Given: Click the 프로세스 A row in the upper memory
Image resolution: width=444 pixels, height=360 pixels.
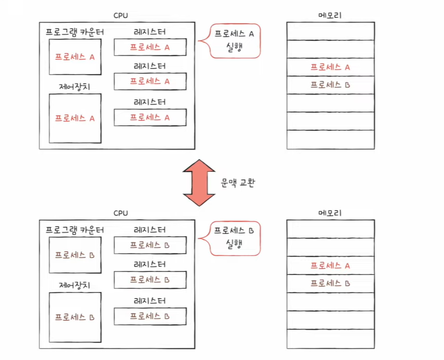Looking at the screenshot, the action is click(x=330, y=67).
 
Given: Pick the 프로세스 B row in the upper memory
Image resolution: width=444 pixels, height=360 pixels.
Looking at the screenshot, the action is click(x=330, y=85).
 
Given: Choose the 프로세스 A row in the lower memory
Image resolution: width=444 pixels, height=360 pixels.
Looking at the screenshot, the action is click(x=330, y=265).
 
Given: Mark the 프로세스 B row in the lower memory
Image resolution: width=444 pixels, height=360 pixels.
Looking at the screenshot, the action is click(x=330, y=283).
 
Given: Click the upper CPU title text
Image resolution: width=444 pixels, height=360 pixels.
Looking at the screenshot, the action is click(x=121, y=15).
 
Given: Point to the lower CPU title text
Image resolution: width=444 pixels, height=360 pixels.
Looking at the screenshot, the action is click(x=121, y=213).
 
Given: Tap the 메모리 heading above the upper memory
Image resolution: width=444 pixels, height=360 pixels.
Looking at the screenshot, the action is click(x=330, y=15).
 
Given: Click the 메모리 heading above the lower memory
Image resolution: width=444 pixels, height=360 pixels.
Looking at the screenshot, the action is click(x=330, y=213).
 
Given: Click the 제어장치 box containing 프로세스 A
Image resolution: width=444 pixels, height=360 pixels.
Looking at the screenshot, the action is click(x=75, y=118).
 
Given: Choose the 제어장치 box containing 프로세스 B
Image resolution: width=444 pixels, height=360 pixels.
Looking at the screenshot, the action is click(x=75, y=317).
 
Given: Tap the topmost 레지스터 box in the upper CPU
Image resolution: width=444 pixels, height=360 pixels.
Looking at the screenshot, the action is click(x=150, y=47).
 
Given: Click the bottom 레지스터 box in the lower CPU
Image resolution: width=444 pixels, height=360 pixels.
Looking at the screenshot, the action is click(x=150, y=317).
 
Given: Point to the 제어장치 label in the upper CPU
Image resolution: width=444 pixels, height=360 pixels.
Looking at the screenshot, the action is click(x=75, y=86).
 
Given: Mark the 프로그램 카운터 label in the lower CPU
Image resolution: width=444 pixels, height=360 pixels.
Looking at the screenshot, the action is click(x=75, y=230).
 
